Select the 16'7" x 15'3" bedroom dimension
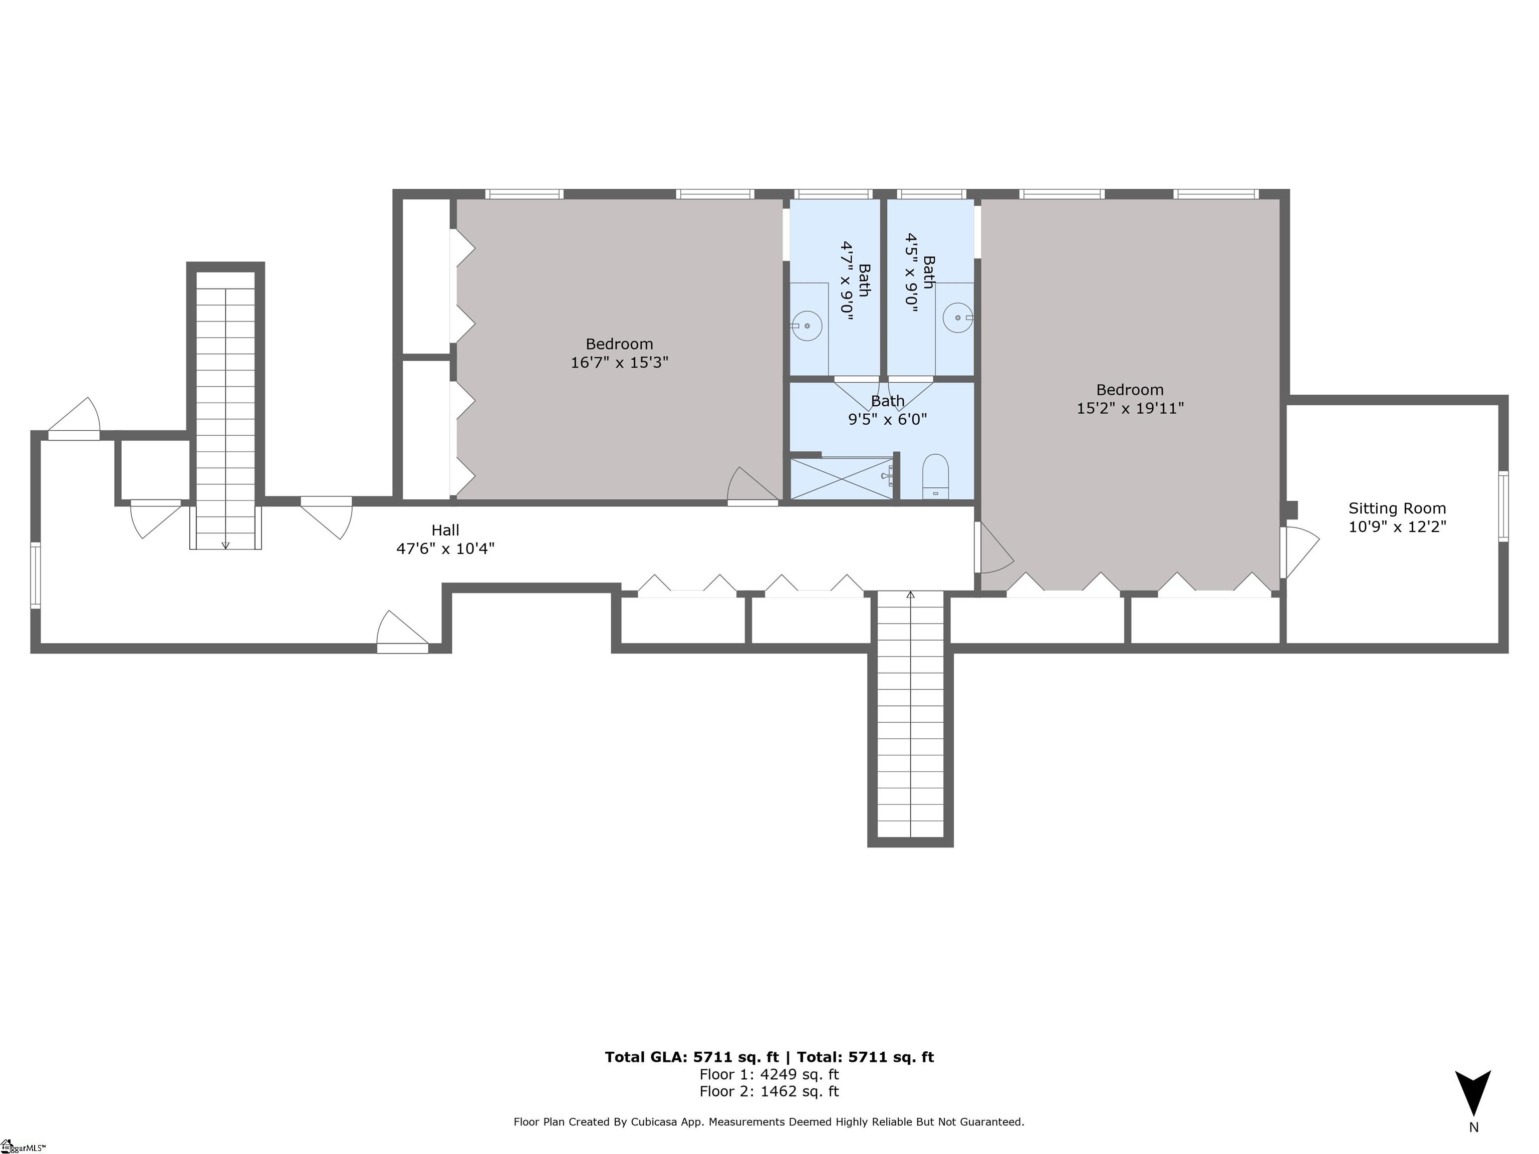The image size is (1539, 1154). coord(619,363)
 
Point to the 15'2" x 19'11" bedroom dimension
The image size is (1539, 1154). coord(1130,408)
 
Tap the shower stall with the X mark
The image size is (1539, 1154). coord(841,478)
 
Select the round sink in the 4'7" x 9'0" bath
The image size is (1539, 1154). coord(807,326)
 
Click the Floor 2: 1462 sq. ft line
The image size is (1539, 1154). coord(769,1091)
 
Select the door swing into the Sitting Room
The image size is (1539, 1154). coord(1300,551)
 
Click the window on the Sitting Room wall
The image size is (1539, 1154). coord(1503,506)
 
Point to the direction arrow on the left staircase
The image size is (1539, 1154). coord(225,544)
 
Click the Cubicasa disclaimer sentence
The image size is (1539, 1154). coord(769,1122)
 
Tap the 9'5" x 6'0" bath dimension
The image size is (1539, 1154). coord(887,419)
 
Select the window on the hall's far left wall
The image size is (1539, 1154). coord(36,576)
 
